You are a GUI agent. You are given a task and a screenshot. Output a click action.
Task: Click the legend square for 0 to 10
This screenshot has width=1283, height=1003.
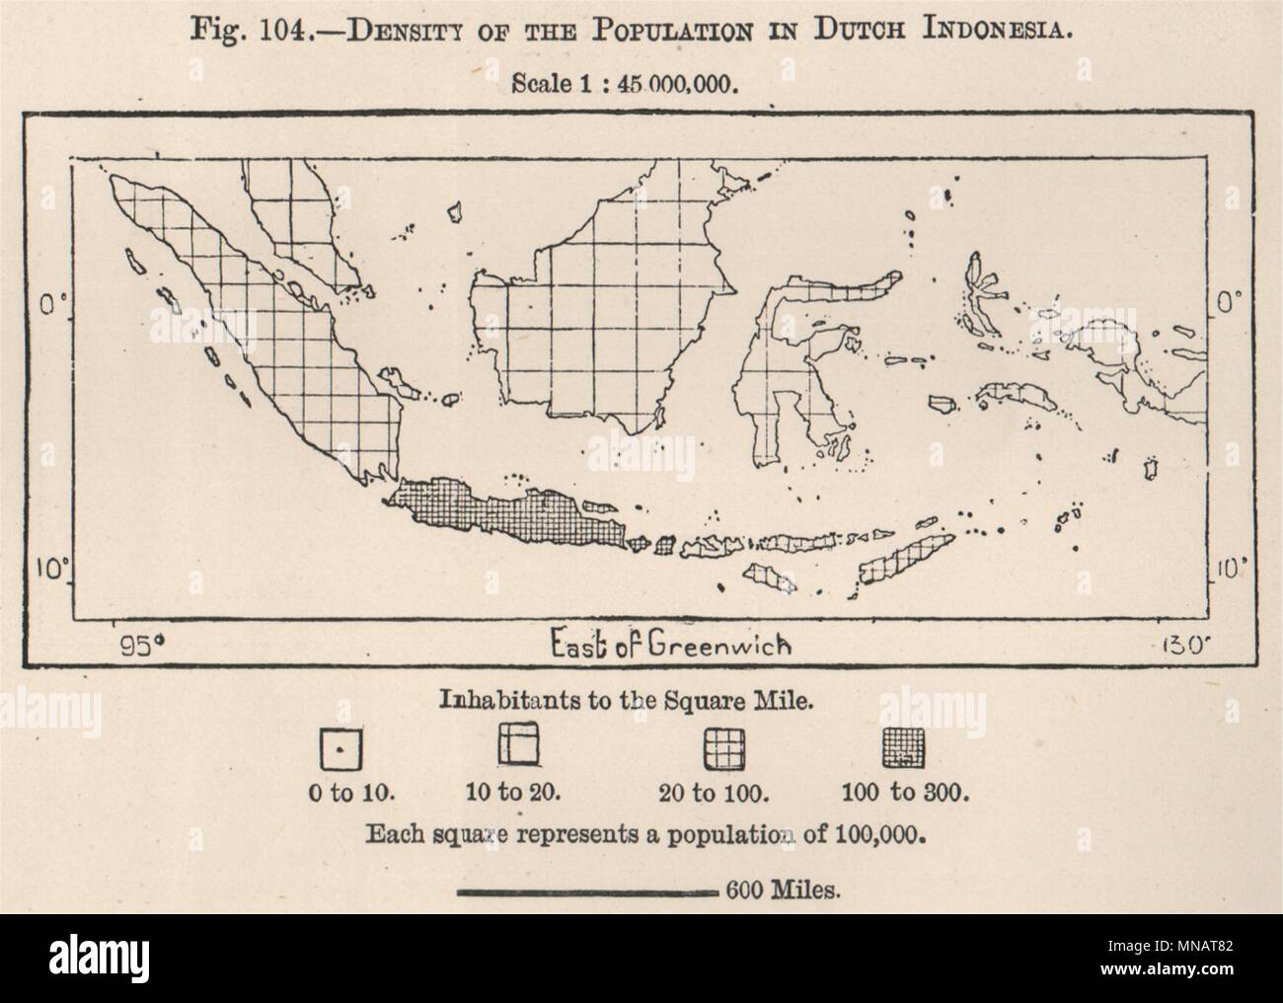339,752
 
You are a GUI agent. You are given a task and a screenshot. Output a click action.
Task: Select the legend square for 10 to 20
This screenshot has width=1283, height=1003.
520,742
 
